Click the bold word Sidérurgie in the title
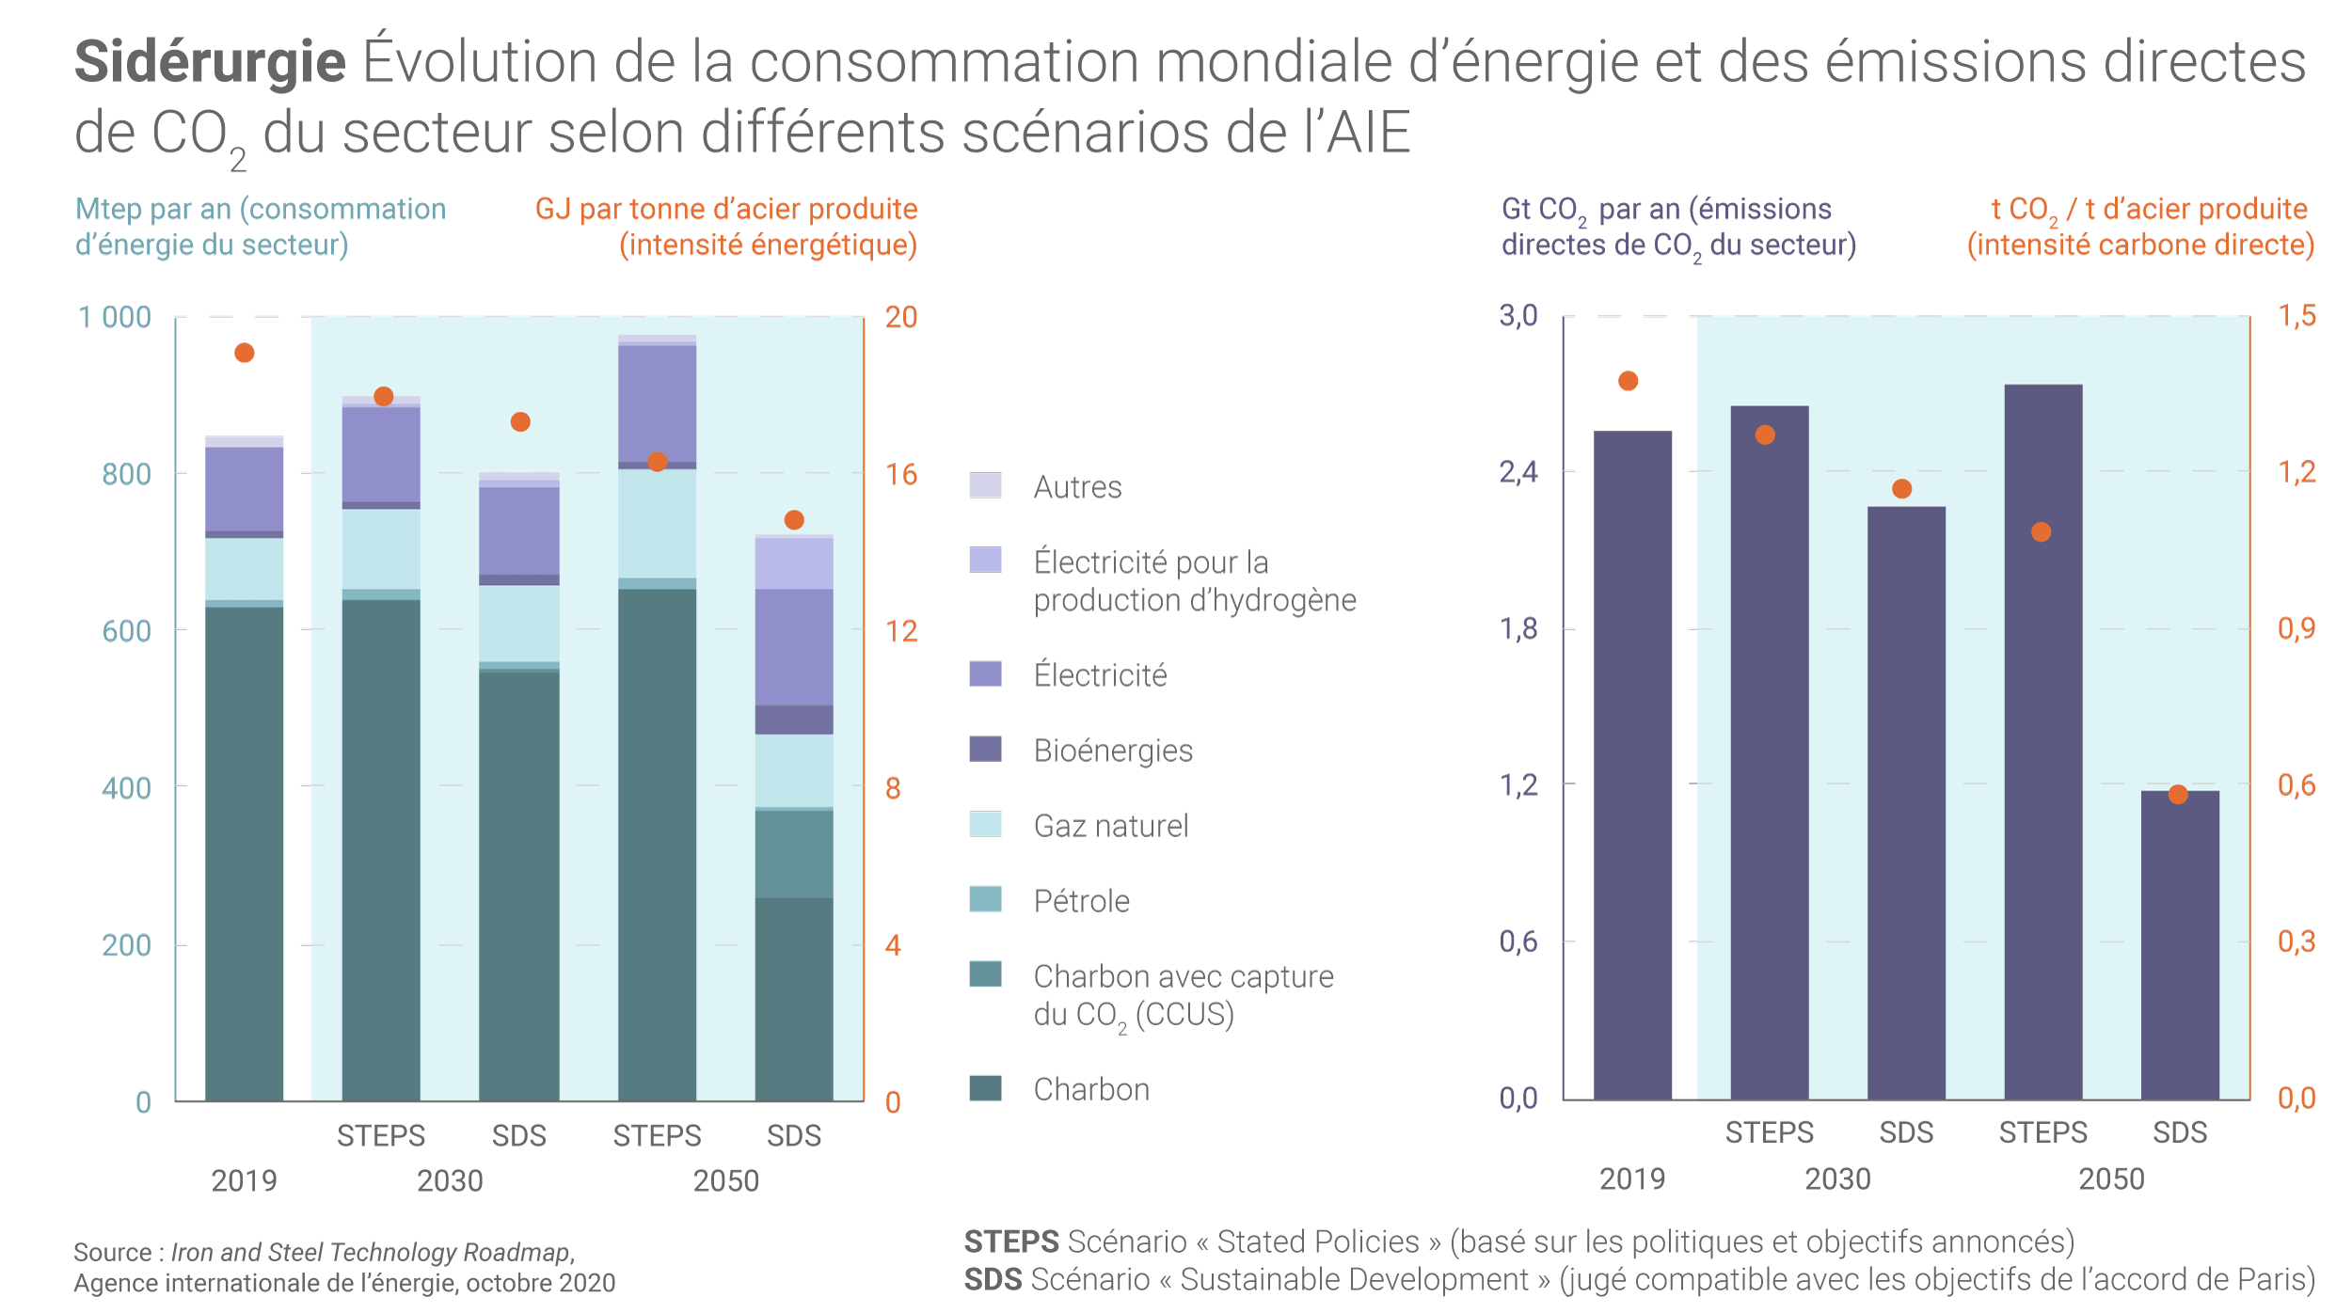[x=210, y=62]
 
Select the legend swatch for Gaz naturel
[x=985, y=824]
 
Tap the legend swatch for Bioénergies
[x=985, y=749]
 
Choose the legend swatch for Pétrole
[x=985, y=899]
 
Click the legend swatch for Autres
[x=985, y=485]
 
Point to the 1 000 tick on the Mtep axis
[x=114, y=318]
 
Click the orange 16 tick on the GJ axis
[x=900, y=474]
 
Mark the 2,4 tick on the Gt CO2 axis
[x=1518, y=472]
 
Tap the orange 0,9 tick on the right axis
[x=2296, y=628]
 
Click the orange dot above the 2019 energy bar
[x=244, y=353]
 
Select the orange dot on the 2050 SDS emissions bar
[x=2178, y=795]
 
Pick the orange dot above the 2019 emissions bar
[x=1629, y=381]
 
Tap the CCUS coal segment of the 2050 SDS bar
[x=794, y=853]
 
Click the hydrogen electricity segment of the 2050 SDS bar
[x=794, y=562]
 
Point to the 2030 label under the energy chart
[x=450, y=1180]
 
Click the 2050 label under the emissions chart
[x=2111, y=1179]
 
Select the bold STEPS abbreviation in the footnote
[x=1011, y=1242]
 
